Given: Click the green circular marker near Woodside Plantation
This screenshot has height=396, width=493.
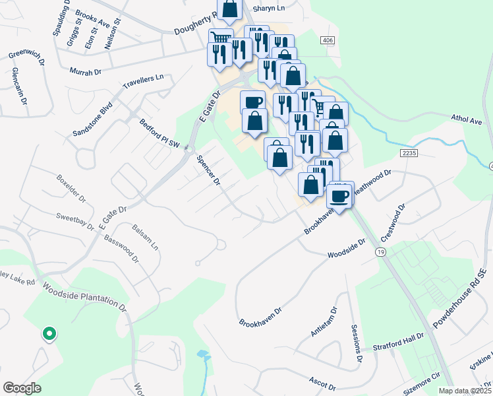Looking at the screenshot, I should point(48,334).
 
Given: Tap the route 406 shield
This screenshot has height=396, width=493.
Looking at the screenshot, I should point(328,41).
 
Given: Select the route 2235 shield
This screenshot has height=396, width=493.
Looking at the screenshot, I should point(409,153).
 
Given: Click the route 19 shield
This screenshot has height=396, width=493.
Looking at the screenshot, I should point(380,252).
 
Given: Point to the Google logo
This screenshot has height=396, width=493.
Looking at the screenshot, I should point(22,388).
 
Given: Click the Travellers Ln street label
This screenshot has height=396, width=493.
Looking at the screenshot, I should point(143,82).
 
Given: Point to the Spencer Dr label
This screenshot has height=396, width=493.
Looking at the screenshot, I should point(208,171).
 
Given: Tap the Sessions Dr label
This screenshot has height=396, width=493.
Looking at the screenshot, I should point(357,344).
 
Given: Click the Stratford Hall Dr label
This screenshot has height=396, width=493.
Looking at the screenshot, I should point(399,340).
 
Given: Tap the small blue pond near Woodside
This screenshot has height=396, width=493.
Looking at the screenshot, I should point(202,354).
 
